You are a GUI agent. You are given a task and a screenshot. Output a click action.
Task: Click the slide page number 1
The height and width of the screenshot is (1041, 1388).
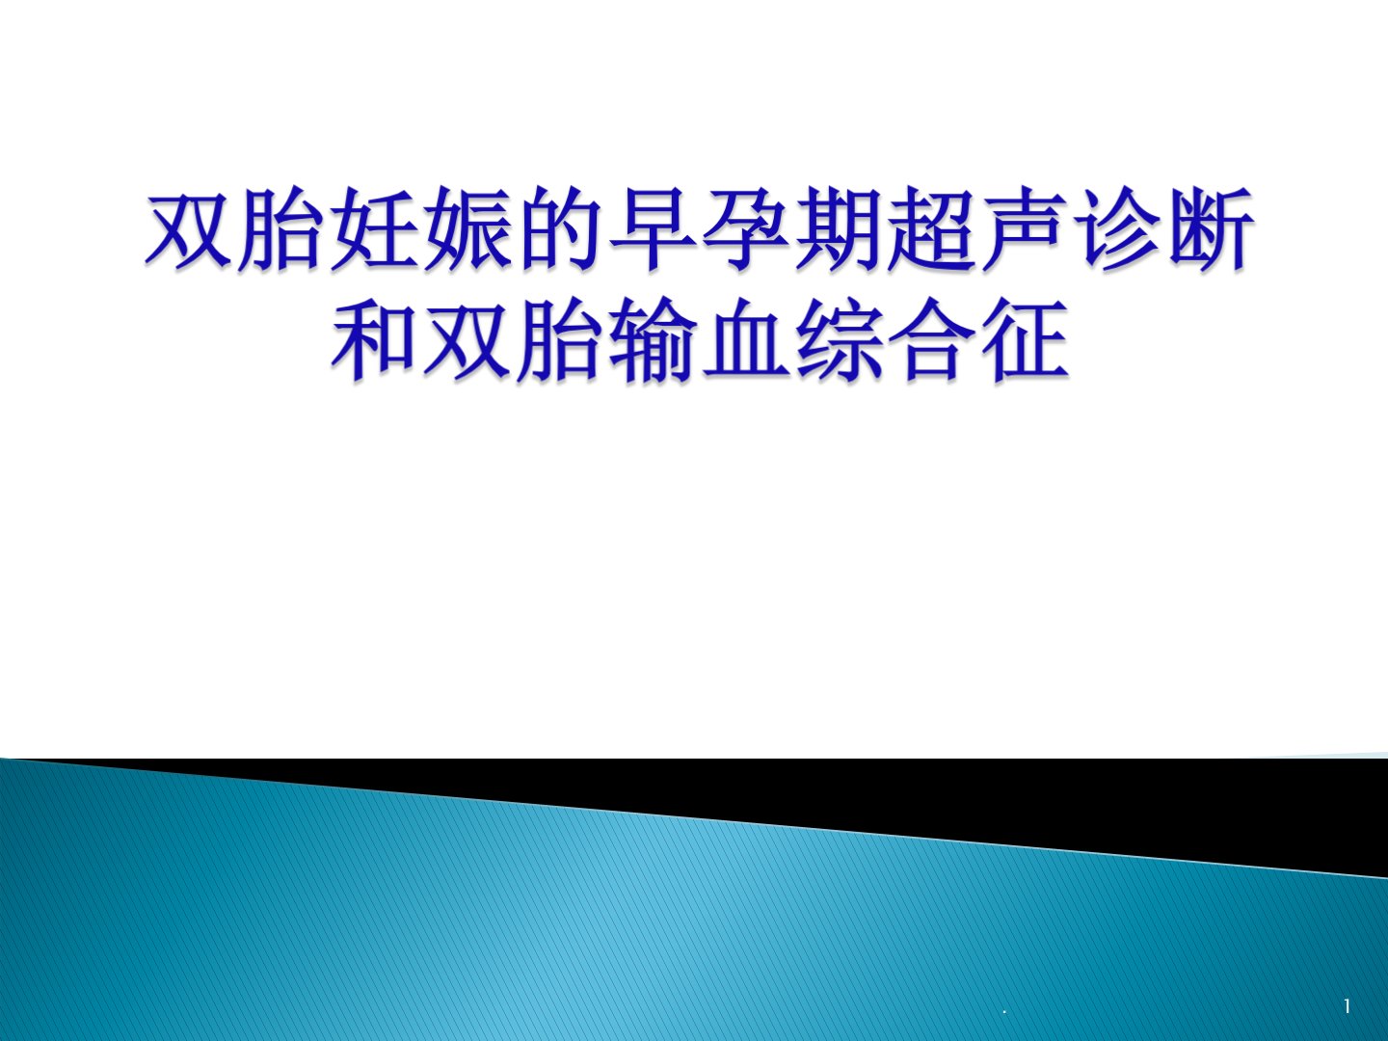pyautogui.click(x=1348, y=1006)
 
